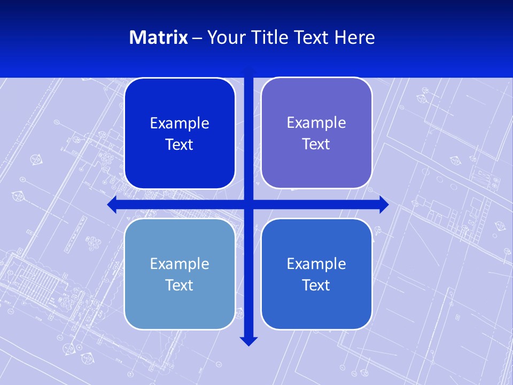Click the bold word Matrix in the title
pyautogui.click(x=158, y=37)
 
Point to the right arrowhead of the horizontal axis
pyautogui.click(x=384, y=204)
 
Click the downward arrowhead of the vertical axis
pyautogui.click(x=248, y=341)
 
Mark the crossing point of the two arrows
pyautogui.click(x=248, y=204)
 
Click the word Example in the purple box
pyautogui.click(x=316, y=123)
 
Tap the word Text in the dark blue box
pyautogui.click(x=180, y=145)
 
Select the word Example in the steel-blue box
pyautogui.click(x=180, y=264)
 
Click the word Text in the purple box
pyautogui.click(x=316, y=144)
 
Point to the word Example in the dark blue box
pyautogui.click(x=180, y=124)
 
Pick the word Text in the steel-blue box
pyautogui.click(x=180, y=285)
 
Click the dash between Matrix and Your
pyautogui.click(x=197, y=38)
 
